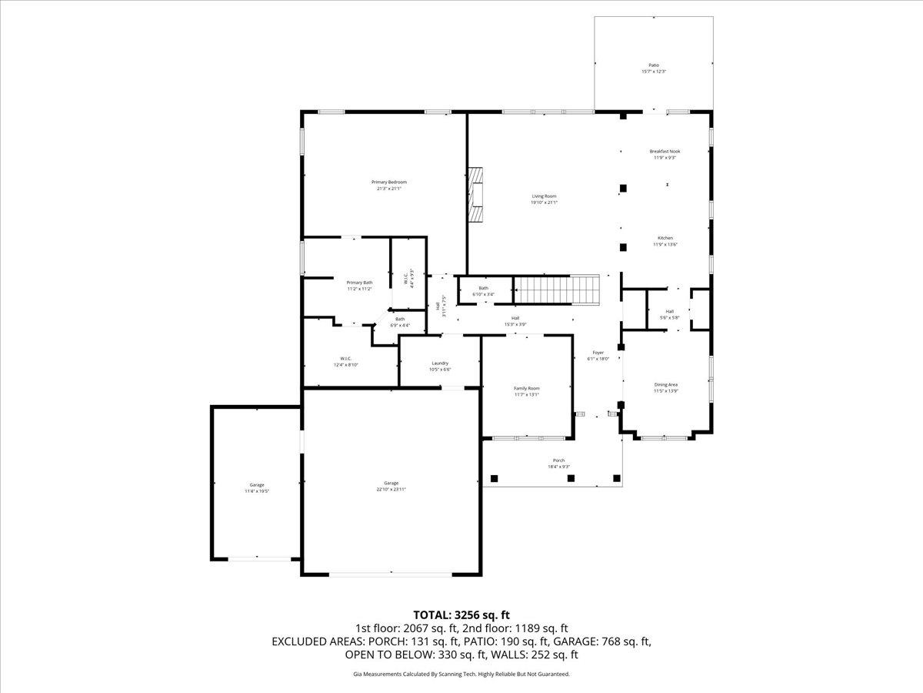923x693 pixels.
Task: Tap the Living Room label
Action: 544,196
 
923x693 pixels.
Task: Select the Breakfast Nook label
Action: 665,152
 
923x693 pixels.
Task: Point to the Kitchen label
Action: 665,238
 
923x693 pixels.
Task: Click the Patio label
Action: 653,65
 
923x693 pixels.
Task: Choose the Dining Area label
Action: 665,384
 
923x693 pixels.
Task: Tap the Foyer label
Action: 598,353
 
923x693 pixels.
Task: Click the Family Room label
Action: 527,388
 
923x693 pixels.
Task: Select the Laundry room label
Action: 440,363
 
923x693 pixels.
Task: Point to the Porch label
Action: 558,460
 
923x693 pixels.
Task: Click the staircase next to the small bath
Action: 557,290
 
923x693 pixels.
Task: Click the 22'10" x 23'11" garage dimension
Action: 391,489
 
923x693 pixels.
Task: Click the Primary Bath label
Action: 359,283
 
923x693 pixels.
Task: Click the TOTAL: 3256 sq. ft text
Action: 461,614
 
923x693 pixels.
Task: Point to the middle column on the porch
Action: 571,478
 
